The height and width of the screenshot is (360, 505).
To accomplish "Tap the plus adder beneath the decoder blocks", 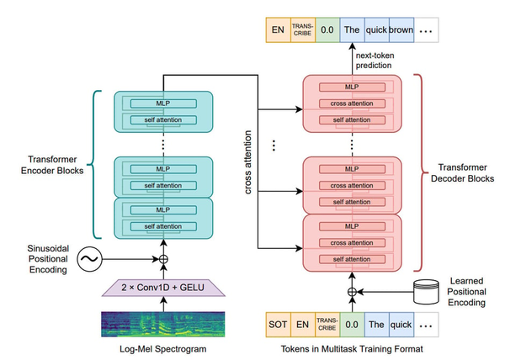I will click(x=352, y=292).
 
